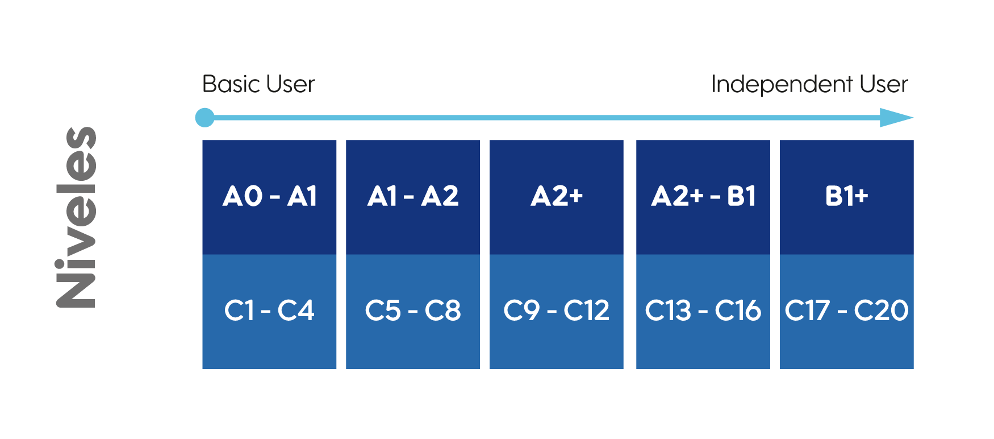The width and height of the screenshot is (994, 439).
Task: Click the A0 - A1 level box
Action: (269, 197)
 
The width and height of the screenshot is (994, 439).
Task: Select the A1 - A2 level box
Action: (413, 197)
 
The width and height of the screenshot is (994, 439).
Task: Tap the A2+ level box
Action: (557, 197)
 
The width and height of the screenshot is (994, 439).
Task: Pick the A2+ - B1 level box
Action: (703, 197)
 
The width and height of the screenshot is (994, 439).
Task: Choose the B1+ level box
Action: (847, 197)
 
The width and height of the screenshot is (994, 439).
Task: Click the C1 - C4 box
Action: (269, 312)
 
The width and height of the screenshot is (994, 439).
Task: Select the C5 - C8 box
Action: (413, 312)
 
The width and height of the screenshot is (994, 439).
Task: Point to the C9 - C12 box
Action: (557, 312)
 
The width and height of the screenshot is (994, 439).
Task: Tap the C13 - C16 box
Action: (703, 312)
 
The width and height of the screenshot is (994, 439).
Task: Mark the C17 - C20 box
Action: (847, 312)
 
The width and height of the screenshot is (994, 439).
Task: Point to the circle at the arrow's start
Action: (205, 118)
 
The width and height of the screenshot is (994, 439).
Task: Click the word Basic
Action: (231, 84)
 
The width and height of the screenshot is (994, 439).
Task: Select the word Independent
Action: (782, 85)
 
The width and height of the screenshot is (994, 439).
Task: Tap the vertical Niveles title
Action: (77, 217)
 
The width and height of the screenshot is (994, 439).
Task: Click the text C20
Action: (881, 310)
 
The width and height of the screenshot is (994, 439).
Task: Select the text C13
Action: (669, 310)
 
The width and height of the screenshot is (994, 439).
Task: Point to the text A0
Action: (243, 196)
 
